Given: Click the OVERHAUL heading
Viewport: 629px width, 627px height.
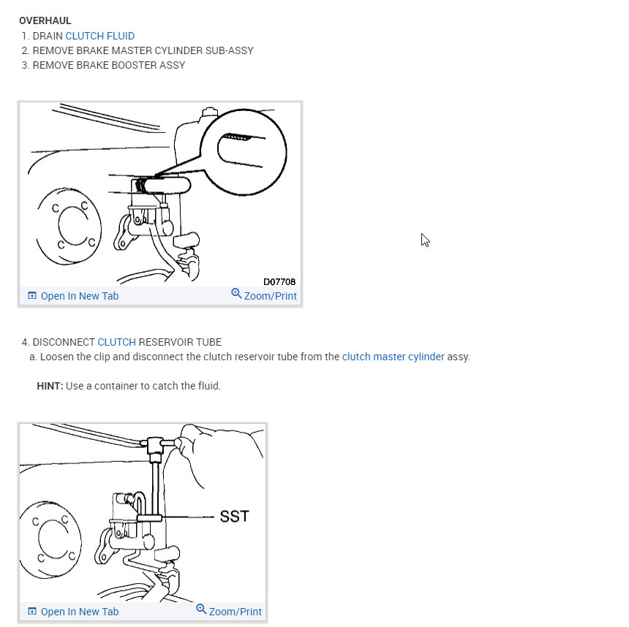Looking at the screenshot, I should pyautogui.click(x=45, y=20).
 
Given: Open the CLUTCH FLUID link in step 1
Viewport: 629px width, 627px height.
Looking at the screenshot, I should pyautogui.click(x=99, y=36).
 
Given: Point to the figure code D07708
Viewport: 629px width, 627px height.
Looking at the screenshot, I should pyautogui.click(x=279, y=281).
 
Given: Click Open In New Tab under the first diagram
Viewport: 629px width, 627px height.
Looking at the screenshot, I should pyautogui.click(x=79, y=296).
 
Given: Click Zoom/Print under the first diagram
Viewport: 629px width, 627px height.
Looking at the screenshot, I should pyautogui.click(x=270, y=296).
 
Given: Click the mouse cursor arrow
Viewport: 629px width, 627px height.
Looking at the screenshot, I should pyautogui.click(x=425, y=240).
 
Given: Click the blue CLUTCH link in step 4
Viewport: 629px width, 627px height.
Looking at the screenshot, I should pyautogui.click(x=116, y=342).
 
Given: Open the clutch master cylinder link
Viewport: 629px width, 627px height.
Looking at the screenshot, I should pyautogui.click(x=393, y=357).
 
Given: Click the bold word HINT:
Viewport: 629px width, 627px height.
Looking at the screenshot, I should pyautogui.click(x=50, y=386).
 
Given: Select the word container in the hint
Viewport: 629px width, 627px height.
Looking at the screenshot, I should pyautogui.click(x=108, y=386).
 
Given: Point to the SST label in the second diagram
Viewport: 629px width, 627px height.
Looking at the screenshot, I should pyautogui.click(x=234, y=517).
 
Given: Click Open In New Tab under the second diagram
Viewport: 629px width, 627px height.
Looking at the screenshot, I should pyautogui.click(x=79, y=612).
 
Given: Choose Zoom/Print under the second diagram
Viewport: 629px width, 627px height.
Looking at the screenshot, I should pyautogui.click(x=235, y=612).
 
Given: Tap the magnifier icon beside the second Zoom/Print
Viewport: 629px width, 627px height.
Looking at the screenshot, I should pyautogui.click(x=201, y=609).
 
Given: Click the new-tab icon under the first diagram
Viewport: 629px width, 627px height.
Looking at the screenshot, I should pyautogui.click(x=31, y=296).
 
